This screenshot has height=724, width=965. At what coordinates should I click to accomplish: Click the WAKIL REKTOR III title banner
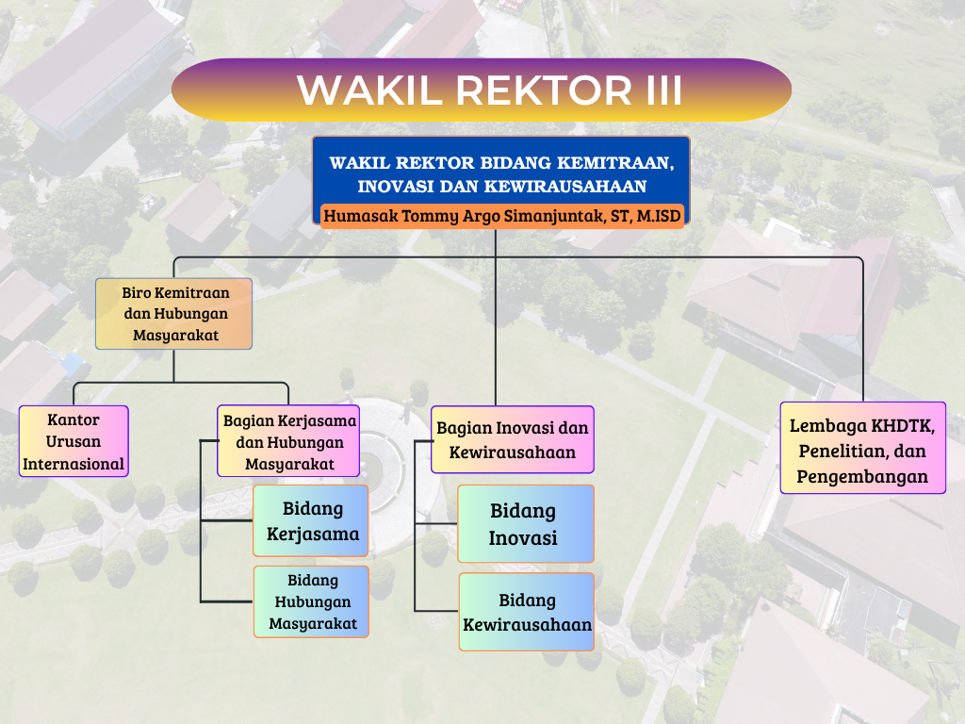tap(481, 90)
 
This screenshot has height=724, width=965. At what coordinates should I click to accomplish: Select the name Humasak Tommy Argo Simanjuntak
tap(457, 216)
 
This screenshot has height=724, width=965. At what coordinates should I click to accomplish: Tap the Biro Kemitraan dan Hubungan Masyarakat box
tap(174, 314)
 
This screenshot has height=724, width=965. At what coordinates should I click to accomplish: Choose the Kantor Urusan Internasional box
tap(74, 441)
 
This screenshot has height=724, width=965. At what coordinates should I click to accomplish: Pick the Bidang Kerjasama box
tap(312, 521)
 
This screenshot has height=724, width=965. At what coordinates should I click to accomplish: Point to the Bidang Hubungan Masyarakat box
tap(311, 601)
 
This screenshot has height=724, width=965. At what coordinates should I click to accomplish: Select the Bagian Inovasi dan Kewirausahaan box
tap(513, 439)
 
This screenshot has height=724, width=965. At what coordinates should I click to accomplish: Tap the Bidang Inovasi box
tap(526, 524)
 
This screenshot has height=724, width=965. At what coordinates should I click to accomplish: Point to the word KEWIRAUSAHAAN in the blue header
tap(567, 186)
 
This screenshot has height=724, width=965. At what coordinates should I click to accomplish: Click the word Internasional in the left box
tap(74, 464)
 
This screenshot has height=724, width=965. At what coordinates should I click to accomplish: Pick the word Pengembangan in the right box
tap(862, 476)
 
